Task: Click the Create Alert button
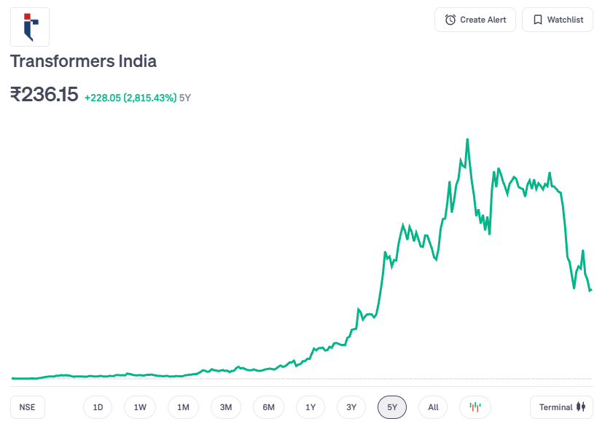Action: pyautogui.click(x=475, y=20)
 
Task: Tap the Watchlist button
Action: pyautogui.click(x=558, y=20)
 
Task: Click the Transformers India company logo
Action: pyautogui.click(x=30, y=27)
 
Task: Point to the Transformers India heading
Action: pyautogui.click(x=83, y=61)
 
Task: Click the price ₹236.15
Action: pyautogui.click(x=44, y=95)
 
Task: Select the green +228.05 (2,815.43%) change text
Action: pyautogui.click(x=130, y=98)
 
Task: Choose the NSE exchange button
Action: pyautogui.click(x=28, y=407)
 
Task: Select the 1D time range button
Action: pyautogui.click(x=98, y=407)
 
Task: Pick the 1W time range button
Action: pyautogui.click(x=140, y=407)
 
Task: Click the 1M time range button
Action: pyautogui.click(x=183, y=407)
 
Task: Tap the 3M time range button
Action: pyautogui.click(x=226, y=407)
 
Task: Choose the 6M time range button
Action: pyautogui.click(x=268, y=407)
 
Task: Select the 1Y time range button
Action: pyautogui.click(x=311, y=407)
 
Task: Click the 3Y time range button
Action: pyautogui.click(x=351, y=407)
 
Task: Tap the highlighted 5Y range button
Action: pyautogui.click(x=392, y=407)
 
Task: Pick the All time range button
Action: pyautogui.click(x=433, y=407)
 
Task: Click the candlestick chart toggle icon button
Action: pyautogui.click(x=475, y=407)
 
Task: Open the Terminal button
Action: pyautogui.click(x=561, y=407)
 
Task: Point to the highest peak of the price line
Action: pyautogui.click(x=466, y=139)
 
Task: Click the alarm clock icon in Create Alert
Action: pyautogui.click(x=450, y=20)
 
